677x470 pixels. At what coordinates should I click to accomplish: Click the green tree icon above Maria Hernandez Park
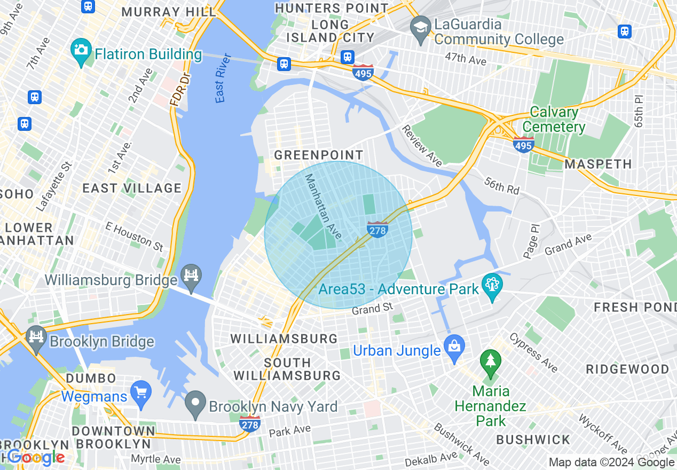coord(490,362)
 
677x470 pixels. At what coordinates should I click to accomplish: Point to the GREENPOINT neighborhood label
coord(318,155)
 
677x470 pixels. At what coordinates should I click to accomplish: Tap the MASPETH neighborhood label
coord(598,164)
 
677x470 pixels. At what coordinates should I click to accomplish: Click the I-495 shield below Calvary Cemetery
coord(523,144)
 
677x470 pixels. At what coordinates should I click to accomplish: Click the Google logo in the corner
coord(35,457)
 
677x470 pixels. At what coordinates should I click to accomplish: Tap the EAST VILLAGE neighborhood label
coord(132,188)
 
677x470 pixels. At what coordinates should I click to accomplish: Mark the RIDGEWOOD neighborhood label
coord(627,369)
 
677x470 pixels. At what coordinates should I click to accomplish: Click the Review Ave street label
coord(422,146)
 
